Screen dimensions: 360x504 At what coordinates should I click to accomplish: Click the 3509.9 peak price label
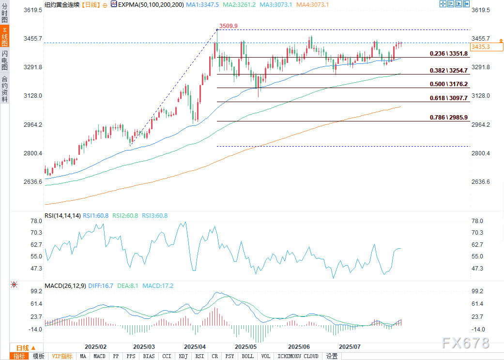point(229,26)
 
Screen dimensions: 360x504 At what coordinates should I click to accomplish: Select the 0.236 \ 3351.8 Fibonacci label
point(449,54)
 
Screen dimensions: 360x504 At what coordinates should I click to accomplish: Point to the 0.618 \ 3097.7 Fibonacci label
point(449,98)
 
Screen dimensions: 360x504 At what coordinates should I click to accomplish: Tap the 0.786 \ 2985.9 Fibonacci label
point(449,118)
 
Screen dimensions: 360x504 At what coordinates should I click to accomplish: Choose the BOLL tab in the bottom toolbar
point(247,356)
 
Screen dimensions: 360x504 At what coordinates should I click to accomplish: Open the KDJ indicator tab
point(183,356)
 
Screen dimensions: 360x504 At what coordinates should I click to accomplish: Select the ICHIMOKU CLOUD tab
point(298,356)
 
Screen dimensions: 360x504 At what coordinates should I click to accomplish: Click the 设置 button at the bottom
point(332,356)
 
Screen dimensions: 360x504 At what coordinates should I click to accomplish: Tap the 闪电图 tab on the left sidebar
point(4,60)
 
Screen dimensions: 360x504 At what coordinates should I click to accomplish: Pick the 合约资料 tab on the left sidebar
point(4,89)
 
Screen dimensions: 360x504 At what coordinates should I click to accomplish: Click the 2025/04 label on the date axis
point(195,347)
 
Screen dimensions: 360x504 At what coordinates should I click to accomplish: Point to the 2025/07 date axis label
point(350,347)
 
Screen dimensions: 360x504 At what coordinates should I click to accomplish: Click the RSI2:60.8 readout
point(125,215)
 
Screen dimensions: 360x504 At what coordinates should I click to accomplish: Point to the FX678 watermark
point(466,343)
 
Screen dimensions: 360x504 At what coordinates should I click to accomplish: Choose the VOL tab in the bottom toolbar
point(265,356)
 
